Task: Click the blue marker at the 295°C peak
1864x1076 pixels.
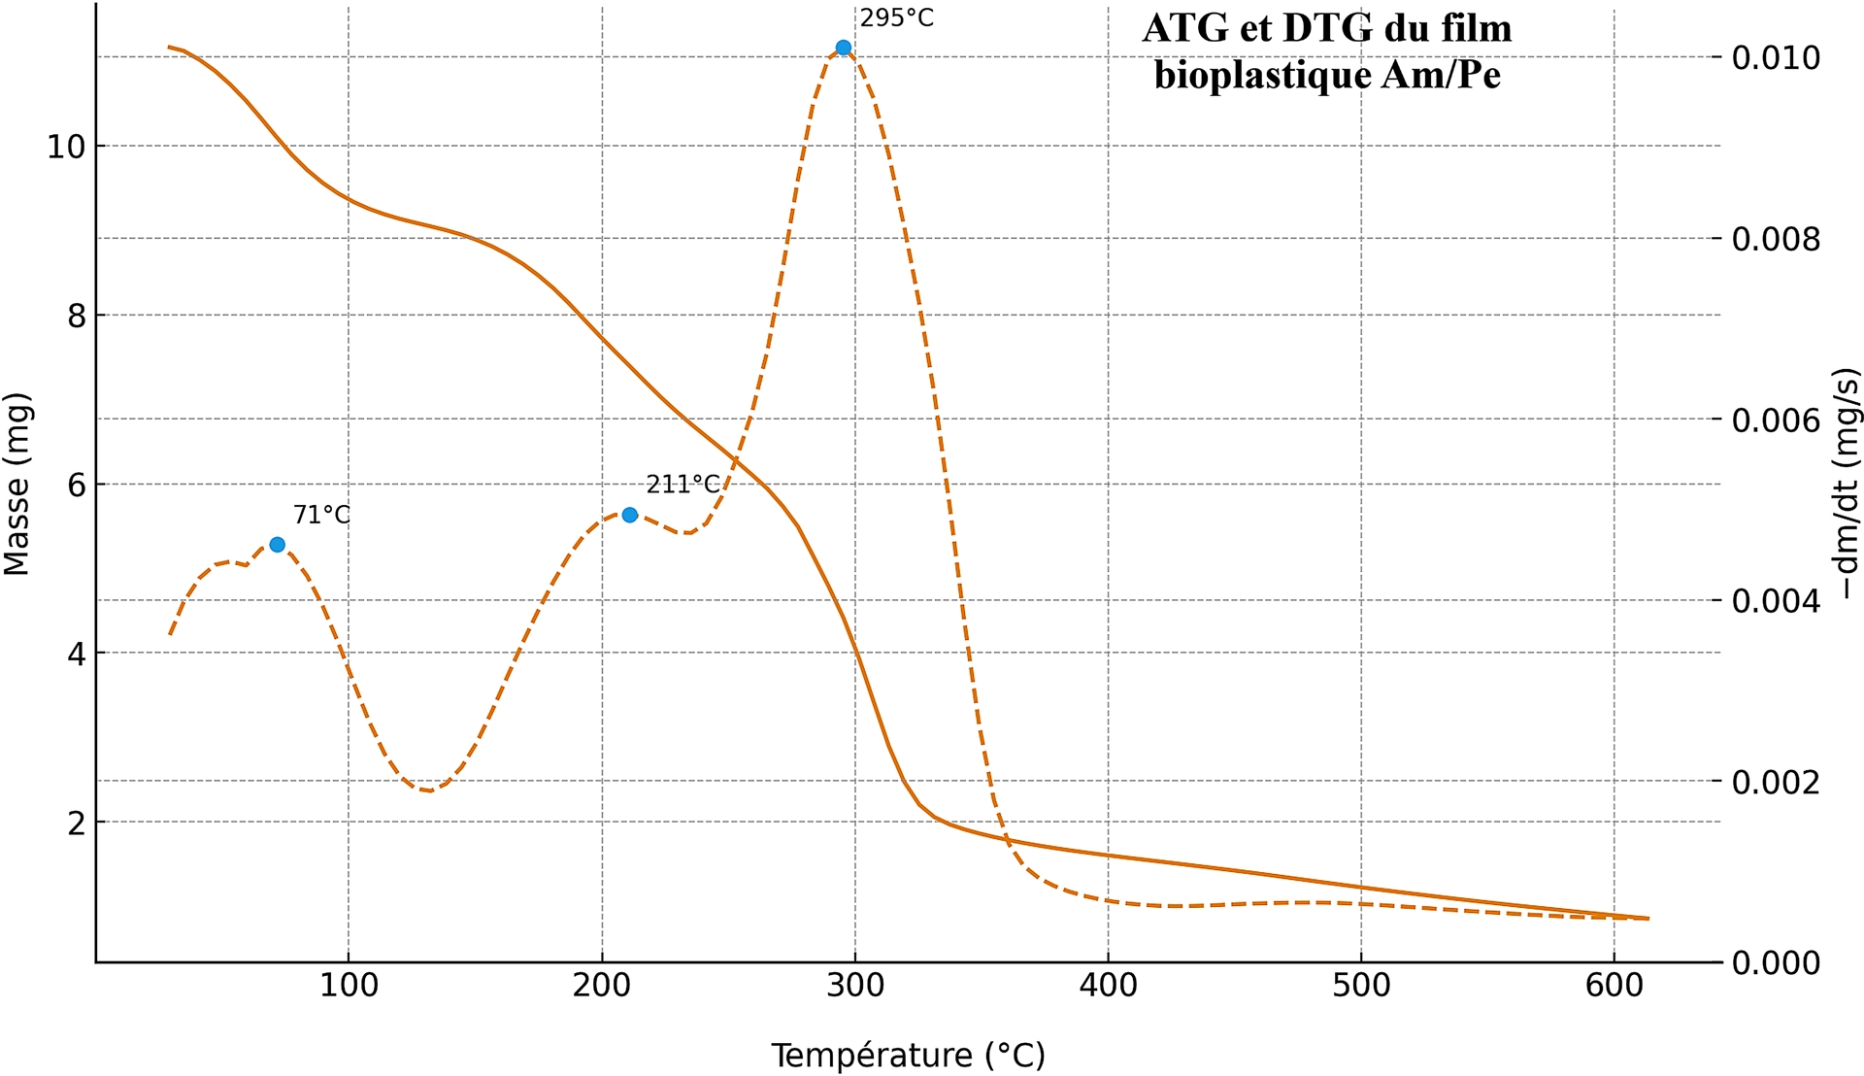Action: [843, 48]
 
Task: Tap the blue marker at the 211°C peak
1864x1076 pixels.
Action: [629, 515]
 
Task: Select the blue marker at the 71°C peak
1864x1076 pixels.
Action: [277, 545]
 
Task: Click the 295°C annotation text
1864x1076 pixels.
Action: [896, 18]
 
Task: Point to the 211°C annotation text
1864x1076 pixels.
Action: [683, 485]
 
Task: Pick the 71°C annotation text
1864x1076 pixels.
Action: [321, 515]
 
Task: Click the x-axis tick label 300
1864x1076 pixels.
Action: [854, 987]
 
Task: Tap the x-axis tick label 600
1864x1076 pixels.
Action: [1614, 987]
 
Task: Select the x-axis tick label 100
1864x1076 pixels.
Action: [349, 987]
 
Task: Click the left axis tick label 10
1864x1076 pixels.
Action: [66, 148]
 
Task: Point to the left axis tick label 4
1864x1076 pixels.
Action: [76, 654]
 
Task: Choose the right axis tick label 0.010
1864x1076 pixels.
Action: [1776, 57]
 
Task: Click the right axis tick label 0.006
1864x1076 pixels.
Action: [1776, 420]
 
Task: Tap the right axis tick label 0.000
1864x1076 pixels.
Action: [1776, 963]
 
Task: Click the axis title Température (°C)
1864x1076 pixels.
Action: [908, 1056]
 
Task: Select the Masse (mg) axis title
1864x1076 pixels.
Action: [17, 484]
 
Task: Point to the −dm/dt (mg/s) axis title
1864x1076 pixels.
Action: [1846, 484]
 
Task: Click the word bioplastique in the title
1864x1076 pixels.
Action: [1262, 75]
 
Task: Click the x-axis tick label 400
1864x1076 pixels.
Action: [1108, 987]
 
